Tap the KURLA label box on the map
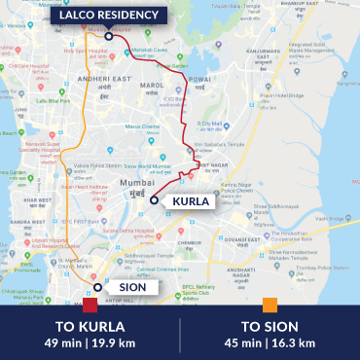[190, 201]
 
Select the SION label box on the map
[127, 287]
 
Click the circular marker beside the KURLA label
[154, 199]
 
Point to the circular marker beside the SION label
[94, 287]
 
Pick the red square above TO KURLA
[90, 305]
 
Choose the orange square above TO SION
[270, 305]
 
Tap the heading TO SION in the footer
[270, 325]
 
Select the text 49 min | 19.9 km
[90, 342]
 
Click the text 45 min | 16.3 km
[270, 342]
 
